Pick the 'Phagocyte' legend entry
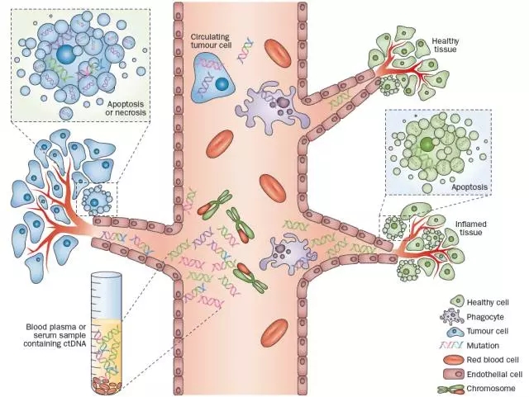click(478, 317)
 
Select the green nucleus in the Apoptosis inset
click(426, 144)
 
